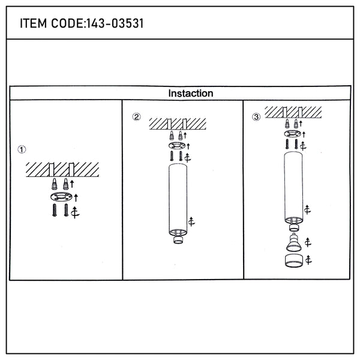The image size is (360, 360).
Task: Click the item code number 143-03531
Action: pyautogui.click(x=115, y=23)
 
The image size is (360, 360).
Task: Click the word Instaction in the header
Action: pyautogui.click(x=191, y=93)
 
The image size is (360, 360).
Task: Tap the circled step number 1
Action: pyautogui.click(x=22, y=149)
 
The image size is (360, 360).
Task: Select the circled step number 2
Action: pyautogui.click(x=136, y=117)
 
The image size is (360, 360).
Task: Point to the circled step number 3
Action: pyautogui.click(x=256, y=117)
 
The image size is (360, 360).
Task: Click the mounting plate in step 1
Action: pyautogui.click(x=61, y=197)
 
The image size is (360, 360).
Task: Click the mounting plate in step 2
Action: pyautogui.click(x=177, y=145)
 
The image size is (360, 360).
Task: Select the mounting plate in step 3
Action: pyautogui.click(x=293, y=133)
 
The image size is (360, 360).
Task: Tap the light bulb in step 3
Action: pyautogui.click(x=294, y=242)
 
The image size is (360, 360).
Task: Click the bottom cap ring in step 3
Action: pyautogui.click(x=294, y=261)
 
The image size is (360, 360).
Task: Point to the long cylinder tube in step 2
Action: pyautogui.click(x=178, y=200)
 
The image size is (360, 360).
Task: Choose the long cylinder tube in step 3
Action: pyautogui.click(x=293, y=188)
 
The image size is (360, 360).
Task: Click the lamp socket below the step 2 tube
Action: pyautogui.click(x=178, y=239)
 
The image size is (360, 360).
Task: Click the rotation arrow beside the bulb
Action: pyautogui.click(x=308, y=242)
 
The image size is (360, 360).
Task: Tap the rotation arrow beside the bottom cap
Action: pyautogui.click(x=308, y=260)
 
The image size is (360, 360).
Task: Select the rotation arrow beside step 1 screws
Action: pyautogui.click(x=75, y=212)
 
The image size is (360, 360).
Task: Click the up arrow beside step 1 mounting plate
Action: pyautogui.click(x=76, y=198)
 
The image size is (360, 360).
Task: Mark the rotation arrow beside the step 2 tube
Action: pyautogui.click(x=191, y=221)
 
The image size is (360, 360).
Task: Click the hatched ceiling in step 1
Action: pyautogui.click(x=62, y=170)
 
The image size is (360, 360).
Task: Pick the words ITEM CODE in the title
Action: pyautogui.click(x=52, y=23)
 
